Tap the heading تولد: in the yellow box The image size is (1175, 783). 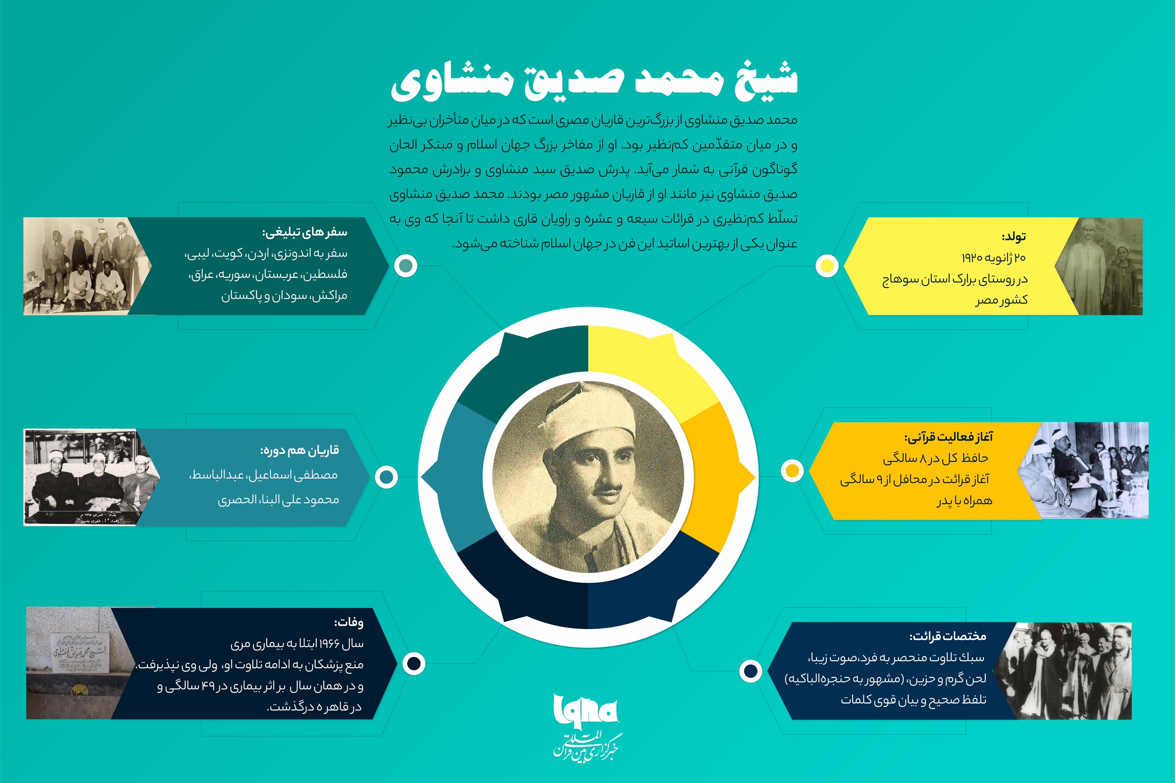(1013, 237)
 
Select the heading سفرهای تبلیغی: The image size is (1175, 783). (304, 232)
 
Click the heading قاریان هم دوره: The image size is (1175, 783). (299, 450)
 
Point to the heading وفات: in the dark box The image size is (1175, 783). (349, 622)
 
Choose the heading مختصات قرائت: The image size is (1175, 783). (948, 636)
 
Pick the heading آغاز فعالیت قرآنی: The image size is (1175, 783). (949, 437)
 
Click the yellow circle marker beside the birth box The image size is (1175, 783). (827, 266)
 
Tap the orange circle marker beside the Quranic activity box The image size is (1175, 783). (792, 471)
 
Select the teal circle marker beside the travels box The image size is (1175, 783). (406, 266)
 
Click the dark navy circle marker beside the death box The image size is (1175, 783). (414, 663)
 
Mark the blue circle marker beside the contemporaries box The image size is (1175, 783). (386, 477)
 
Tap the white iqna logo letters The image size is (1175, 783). (585, 710)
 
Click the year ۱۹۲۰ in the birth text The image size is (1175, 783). (972, 258)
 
